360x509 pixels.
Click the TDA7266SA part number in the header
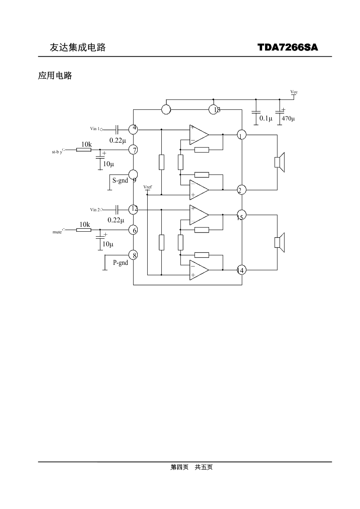(287, 47)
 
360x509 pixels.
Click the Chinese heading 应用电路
(55, 76)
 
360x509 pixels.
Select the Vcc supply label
(294, 92)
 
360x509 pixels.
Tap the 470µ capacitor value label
(288, 119)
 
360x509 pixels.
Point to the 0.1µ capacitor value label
(265, 119)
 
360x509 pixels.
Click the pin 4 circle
(133, 129)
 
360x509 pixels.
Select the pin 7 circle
(133, 150)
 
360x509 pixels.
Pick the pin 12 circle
(133, 209)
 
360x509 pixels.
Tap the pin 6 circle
(133, 230)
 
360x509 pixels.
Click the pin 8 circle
(133, 255)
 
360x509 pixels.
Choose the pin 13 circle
(213, 109)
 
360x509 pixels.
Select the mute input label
(57, 232)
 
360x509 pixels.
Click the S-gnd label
(120, 181)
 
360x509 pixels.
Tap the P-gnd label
(120, 263)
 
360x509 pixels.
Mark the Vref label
(148, 187)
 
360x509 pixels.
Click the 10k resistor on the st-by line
(84, 150)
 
